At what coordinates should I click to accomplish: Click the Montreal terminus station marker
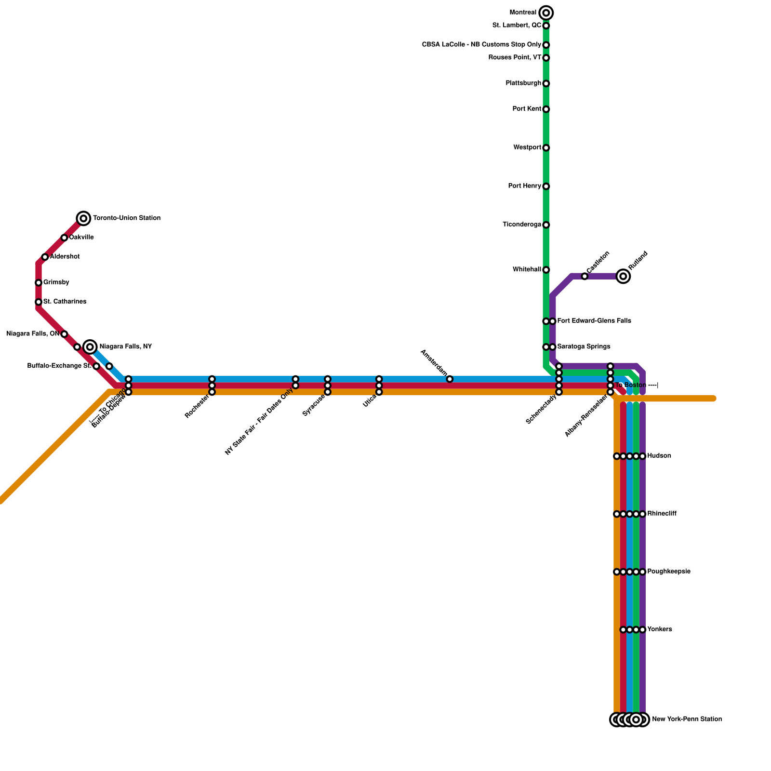(546, 13)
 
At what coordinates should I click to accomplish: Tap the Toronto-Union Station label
(126, 218)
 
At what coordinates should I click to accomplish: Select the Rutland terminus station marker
(623, 276)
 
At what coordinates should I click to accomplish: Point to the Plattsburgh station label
(523, 83)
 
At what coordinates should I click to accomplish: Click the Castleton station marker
(585, 276)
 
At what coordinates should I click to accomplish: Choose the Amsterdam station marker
(450, 379)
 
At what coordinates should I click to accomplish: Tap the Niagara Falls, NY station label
(125, 347)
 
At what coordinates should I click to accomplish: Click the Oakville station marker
(64, 238)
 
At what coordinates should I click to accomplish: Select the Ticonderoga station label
(522, 225)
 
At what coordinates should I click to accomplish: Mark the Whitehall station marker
(546, 270)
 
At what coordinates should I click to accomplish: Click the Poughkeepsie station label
(669, 572)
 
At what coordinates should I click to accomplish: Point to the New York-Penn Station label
(687, 719)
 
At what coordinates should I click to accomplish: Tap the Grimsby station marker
(39, 282)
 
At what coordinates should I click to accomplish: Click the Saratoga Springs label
(584, 347)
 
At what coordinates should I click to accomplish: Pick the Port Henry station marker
(546, 186)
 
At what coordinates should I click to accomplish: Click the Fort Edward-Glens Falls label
(594, 321)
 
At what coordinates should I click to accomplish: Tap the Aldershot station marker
(45, 257)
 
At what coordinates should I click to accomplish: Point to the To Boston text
(631, 385)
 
